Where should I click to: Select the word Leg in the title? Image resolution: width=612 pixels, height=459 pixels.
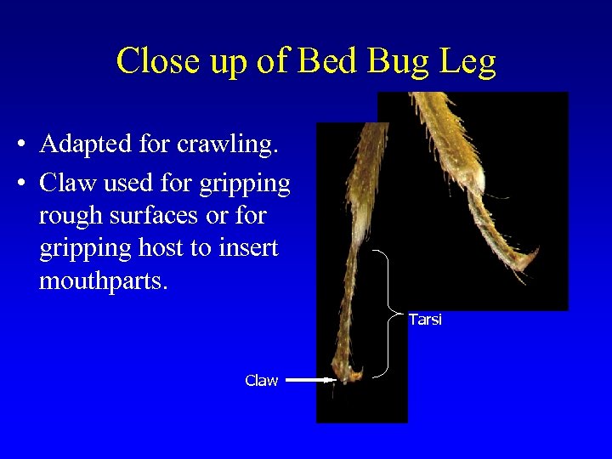click(x=467, y=62)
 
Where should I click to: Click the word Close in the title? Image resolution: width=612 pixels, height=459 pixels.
click(x=157, y=62)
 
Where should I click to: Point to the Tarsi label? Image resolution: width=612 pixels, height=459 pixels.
click(x=425, y=320)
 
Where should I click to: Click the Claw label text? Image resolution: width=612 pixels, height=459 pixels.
click(x=261, y=381)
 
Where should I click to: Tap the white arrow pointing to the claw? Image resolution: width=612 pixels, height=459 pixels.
click(x=310, y=381)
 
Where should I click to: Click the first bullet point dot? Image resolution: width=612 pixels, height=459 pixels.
click(x=19, y=145)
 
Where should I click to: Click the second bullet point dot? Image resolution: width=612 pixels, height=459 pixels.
click(x=19, y=184)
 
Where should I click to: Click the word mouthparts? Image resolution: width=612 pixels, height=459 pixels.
click(x=104, y=280)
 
